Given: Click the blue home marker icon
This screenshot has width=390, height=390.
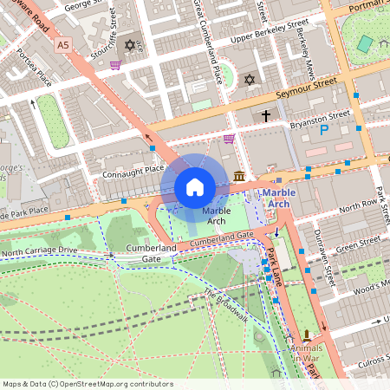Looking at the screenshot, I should click(x=195, y=187).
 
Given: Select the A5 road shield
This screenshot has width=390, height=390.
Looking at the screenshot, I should click(x=62, y=43).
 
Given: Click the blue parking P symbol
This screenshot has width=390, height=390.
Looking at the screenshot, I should click(x=325, y=131).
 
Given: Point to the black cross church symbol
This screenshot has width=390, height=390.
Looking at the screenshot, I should click(x=266, y=114).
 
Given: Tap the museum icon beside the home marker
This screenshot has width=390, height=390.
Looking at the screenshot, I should click(x=239, y=177).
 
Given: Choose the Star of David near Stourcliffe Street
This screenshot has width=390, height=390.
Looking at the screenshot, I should click(x=131, y=44).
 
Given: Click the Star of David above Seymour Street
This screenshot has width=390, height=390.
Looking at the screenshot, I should click(x=250, y=80).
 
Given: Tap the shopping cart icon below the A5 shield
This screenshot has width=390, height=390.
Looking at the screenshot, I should click(x=114, y=64).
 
